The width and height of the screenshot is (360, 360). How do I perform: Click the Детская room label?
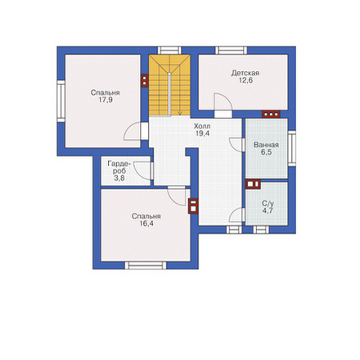tap(245, 73)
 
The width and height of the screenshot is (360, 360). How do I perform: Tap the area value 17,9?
tap(106, 100)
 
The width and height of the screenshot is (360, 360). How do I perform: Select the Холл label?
tap(202, 126)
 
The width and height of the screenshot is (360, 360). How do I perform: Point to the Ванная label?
tap(266, 145)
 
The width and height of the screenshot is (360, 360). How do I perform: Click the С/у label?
tap(268, 204)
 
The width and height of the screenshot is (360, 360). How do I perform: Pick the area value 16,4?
tap(146, 223)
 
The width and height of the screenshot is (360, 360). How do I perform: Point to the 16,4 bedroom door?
tap(177, 196)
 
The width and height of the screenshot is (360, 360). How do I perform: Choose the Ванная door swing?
tap(236, 144)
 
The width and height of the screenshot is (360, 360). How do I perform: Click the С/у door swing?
tap(236, 214)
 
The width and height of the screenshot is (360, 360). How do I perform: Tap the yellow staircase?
tap(169, 85)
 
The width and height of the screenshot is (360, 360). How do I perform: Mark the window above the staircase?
tap(169, 50)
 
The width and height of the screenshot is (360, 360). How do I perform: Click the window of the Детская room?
tap(232, 50)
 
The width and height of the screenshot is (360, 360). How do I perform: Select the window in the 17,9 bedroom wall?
tap(61, 101)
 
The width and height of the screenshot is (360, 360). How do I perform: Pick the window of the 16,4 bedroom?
tap(146, 265)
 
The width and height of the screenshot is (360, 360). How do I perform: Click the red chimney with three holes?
tap(271, 114)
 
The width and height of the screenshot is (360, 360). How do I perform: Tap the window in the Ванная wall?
tap(292, 148)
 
